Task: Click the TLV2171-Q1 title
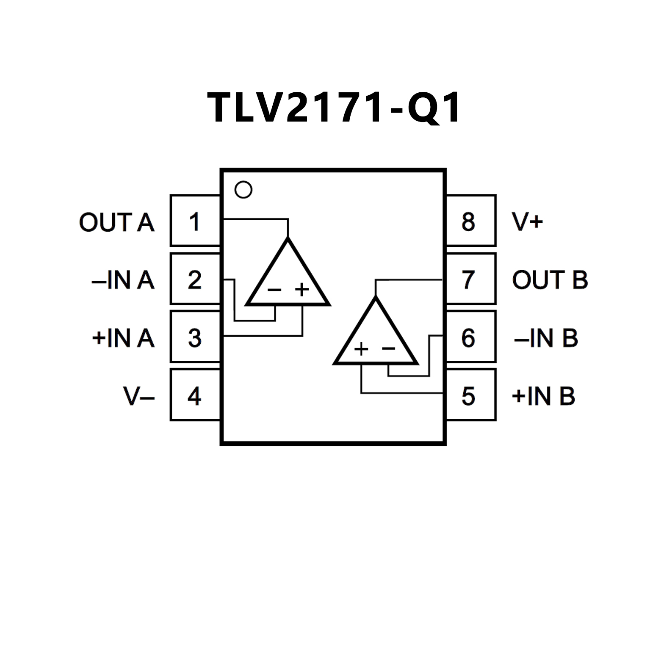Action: pos(334,108)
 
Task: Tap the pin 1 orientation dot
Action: pos(243,190)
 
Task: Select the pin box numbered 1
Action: pos(195,221)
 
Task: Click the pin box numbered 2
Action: pos(195,279)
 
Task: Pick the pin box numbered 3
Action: pos(195,337)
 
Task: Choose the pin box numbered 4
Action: pos(195,395)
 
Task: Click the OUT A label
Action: pos(117,222)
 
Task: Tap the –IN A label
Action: pos(123,280)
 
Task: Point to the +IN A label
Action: pos(123,338)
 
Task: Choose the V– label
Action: pos(139,396)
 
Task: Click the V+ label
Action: pos(527,221)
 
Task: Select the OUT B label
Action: pos(550,280)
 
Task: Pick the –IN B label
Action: pos(546,338)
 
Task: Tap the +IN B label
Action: pos(544,396)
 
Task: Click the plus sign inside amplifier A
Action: pos(302,290)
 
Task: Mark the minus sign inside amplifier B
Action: pos(388,349)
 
